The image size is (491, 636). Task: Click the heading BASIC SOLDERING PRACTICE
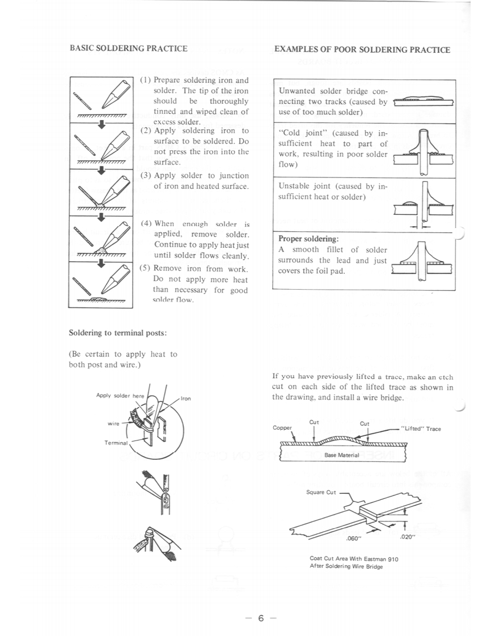[128, 49]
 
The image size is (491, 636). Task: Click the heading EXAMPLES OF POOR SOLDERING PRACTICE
[362, 50]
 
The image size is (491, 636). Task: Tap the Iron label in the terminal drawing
[186, 398]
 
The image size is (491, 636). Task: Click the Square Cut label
[321, 492]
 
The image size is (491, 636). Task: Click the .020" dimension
[408, 536]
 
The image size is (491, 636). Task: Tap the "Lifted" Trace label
[421, 429]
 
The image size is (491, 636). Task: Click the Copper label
[282, 428]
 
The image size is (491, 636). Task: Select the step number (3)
[146, 176]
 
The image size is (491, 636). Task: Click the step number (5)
[146, 269]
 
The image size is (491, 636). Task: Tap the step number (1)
[146, 80]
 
